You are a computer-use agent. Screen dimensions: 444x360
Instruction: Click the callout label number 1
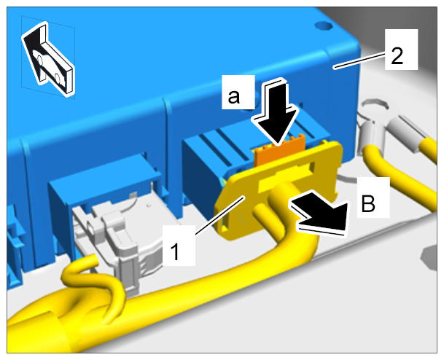pyautogui.click(x=176, y=252)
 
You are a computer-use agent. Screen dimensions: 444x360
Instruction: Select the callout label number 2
pyautogui.click(x=397, y=56)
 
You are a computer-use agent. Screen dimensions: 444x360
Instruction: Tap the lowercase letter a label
pyautogui.click(x=234, y=96)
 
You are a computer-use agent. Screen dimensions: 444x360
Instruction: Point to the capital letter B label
pyautogui.click(x=368, y=203)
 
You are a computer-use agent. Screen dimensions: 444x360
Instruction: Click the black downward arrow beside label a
pyautogui.click(x=277, y=113)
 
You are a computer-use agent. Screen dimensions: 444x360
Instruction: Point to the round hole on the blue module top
pyautogui.click(x=324, y=26)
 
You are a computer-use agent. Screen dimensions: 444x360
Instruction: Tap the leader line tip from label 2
pyautogui.click(x=334, y=67)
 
